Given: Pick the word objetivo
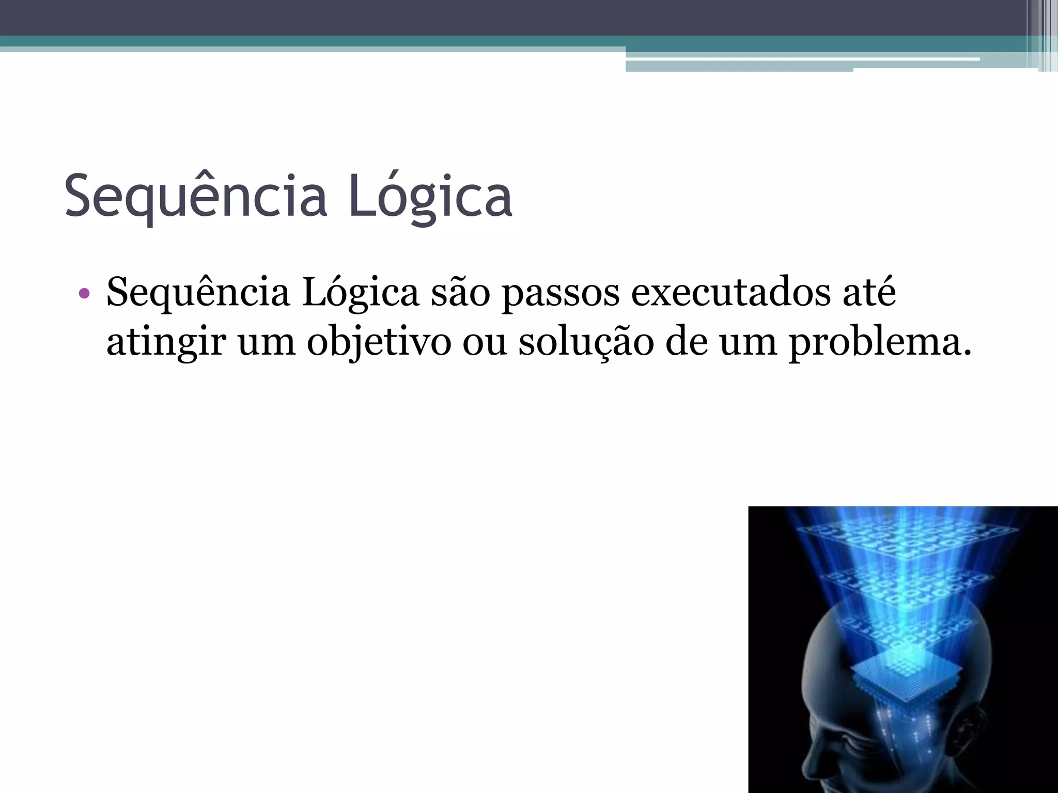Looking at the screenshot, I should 379,342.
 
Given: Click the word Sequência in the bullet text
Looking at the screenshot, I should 198,293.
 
